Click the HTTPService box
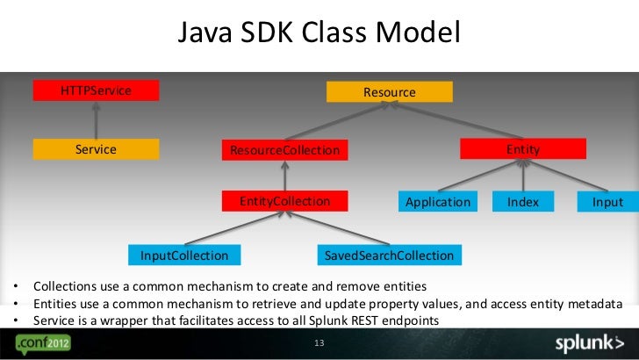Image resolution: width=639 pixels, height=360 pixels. click(x=96, y=90)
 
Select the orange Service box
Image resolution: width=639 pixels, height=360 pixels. click(x=96, y=149)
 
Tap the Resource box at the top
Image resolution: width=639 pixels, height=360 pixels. click(x=389, y=91)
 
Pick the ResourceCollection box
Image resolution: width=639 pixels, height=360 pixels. click(x=284, y=150)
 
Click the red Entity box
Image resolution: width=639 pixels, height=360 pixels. click(x=522, y=150)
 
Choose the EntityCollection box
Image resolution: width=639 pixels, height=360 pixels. click(x=284, y=202)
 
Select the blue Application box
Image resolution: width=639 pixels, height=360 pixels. click(x=438, y=202)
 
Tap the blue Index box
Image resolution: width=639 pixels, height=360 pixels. click(x=523, y=202)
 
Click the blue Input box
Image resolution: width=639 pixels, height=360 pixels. click(x=607, y=202)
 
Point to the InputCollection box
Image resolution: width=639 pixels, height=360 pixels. click(x=184, y=256)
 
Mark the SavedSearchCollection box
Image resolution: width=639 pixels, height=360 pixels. click(x=389, y=256)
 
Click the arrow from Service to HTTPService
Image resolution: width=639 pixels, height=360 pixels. click(x=97, y=119)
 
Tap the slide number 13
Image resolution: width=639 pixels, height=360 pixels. click(x=319, y=342)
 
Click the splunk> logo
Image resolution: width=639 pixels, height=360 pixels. click(x=589, y=342)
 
